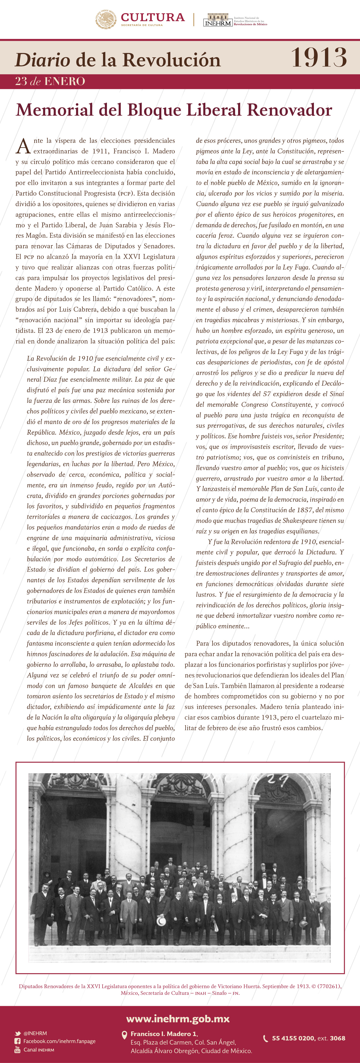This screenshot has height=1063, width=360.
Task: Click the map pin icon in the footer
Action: [124, 1035]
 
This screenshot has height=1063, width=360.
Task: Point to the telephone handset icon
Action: [266, 1038]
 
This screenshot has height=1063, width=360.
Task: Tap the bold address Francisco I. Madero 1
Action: [163, 1034]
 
